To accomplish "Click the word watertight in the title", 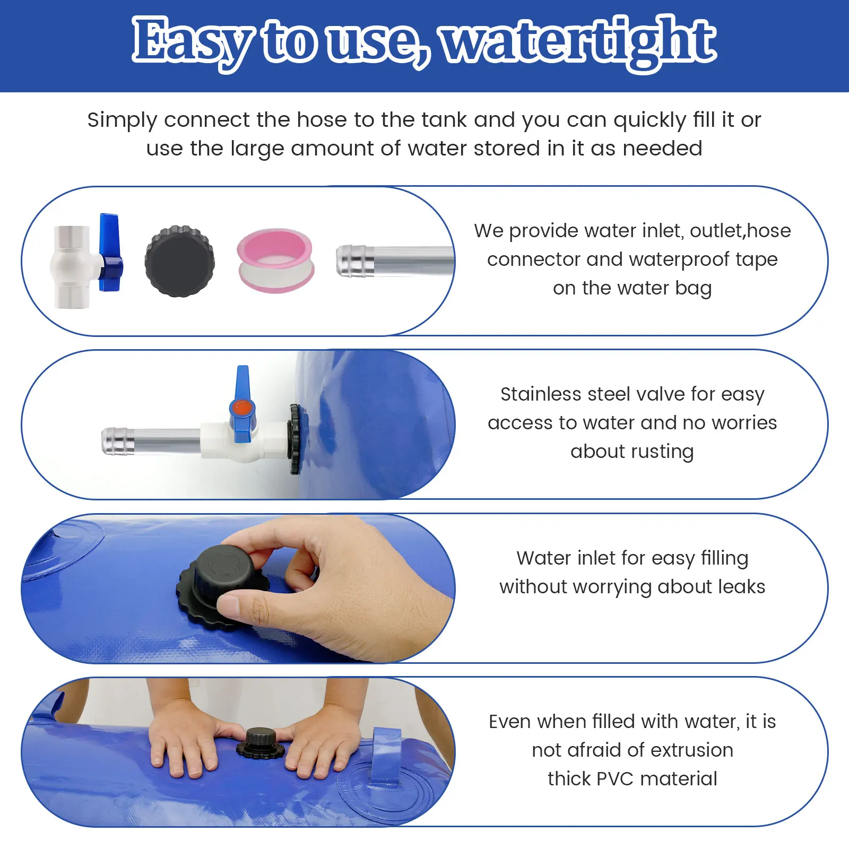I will (x=578, y=41).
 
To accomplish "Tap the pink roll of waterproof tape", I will (x=275, y=260).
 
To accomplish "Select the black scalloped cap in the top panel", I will (x=180, y=261).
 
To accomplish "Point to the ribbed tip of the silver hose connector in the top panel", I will (x=351, y=261).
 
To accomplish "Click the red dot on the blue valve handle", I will (x=242, y=408).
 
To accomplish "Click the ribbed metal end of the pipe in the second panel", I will (x=115, y=440).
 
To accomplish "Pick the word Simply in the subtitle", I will (x=122, y=120).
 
